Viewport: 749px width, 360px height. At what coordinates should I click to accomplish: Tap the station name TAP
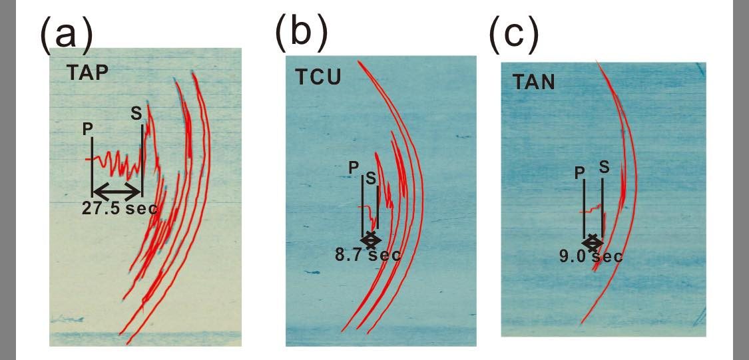[x=87, y=73]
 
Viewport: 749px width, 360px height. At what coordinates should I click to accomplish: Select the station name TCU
[x=318, y=77]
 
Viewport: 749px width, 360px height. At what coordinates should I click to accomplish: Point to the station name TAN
[x=535, y=83]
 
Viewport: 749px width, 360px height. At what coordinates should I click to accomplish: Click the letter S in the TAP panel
[x=136, y=114]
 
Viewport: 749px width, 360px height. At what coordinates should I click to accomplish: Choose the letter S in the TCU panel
[x=370, y=178]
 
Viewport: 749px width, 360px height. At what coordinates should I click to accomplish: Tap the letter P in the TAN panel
[x=579, y=172]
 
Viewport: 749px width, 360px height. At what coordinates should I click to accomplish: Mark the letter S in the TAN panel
[x=603, y=166]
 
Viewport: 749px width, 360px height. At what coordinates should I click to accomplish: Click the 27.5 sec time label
[x=120, y=208]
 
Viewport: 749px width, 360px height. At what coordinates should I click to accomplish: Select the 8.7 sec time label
[x=368, y=255]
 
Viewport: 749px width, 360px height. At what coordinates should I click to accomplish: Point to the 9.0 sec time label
[x=591, y=256]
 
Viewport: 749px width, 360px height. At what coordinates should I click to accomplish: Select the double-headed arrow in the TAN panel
[x=593, y=241]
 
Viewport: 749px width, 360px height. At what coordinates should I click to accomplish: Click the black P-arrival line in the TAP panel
[x=92, y=166]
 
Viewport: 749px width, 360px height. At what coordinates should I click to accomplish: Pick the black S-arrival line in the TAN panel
[x=603, y=206]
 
